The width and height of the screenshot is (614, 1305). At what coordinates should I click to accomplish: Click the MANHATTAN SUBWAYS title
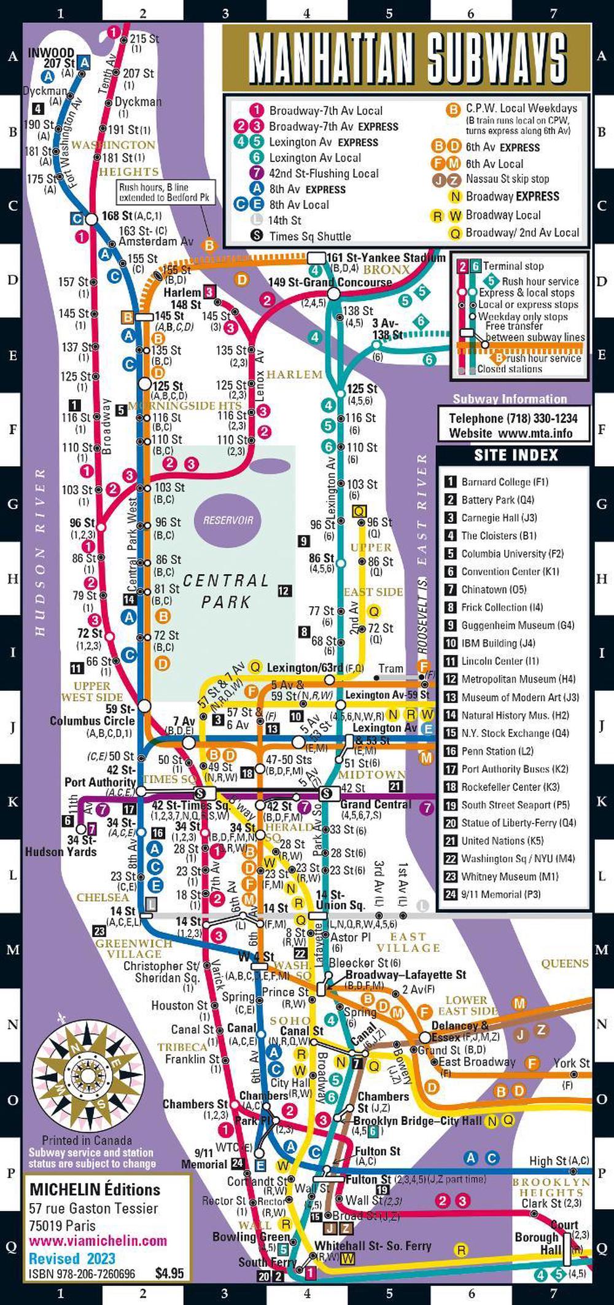pyautogui.click(x=406, y=58)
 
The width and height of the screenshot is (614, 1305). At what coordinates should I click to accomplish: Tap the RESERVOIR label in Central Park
pyautogui.click(x=228, y=520)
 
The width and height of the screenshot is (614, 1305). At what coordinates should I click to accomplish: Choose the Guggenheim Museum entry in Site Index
pyautogui.click(x=518, y=625)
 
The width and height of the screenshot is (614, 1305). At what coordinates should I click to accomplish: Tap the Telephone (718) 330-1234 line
pyautogui.click(x=513, y=418)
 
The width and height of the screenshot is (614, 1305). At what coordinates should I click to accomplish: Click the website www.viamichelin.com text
pyautogui.click(x=98, y=1240)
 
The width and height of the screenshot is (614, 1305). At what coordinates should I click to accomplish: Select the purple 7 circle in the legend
pyautogui.click(x=257, y=174)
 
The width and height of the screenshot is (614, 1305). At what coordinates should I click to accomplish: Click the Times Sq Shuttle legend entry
pyautogui.click(x=310, y=236)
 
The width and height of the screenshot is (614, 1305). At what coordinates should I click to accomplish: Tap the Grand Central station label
pyautogui.click(x=376, y=804)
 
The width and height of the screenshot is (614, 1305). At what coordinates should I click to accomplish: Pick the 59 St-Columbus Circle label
pyautogui.click(x=92, y=715)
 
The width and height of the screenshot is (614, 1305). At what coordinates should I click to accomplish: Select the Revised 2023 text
pyautogui.click(x=72, y=1258)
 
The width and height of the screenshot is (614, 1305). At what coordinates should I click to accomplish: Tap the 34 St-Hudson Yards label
pyautogui.click(x=61, y=846)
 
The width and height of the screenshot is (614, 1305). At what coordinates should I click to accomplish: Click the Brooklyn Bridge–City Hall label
pyautogui.click(x=418, y=1120)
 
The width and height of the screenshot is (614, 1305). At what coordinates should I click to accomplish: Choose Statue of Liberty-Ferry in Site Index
pyautogui.click(x=519, y=822)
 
